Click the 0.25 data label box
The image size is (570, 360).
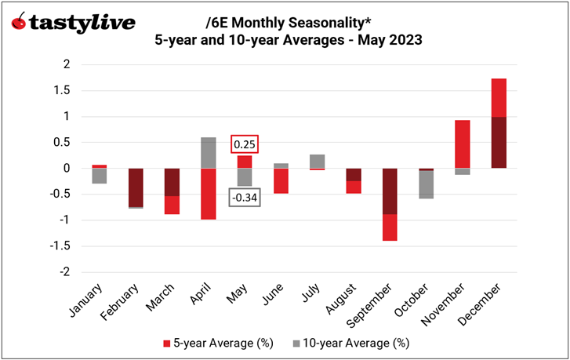click(x=245, y=145)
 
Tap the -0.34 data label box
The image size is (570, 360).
click(x=245, y=197)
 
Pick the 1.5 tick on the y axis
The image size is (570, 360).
click(x=71, y=90)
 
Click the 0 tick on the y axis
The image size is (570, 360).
click(x=72, y=168)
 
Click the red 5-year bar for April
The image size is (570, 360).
click(x=208, y=194)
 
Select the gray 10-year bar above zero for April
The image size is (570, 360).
click(x=208, y=153)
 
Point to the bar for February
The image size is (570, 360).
click(x=136, y=187)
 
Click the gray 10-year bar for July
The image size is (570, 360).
click(x=317, y=161)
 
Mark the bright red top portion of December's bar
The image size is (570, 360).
click(x=499, y=97)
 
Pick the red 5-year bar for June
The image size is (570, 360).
click(x=281, y=181)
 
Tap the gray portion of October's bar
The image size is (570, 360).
click(x=426, y=184)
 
